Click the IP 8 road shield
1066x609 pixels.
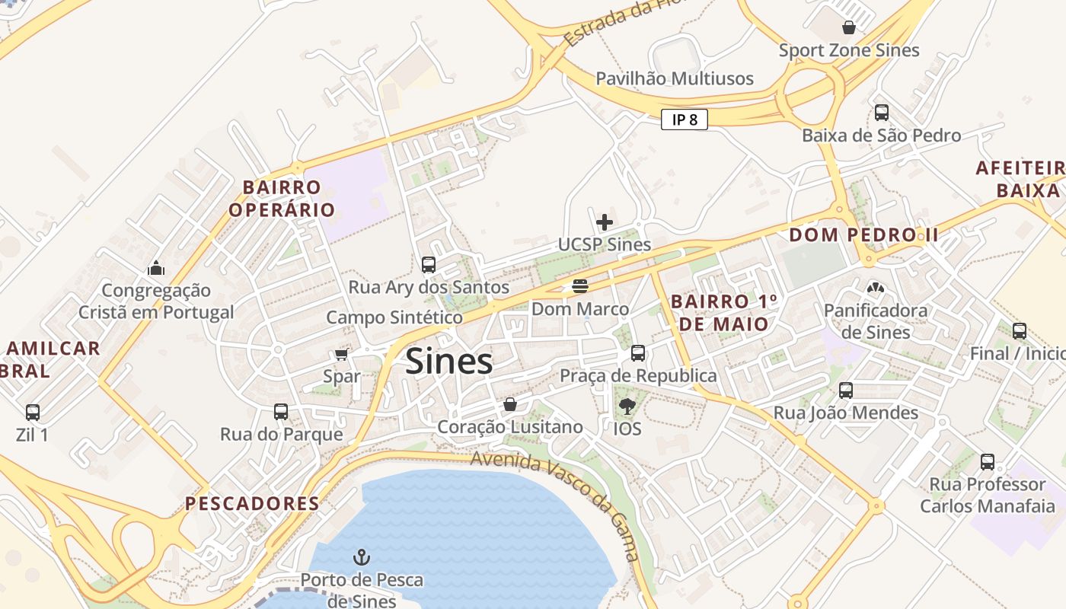click(x=684, y=120)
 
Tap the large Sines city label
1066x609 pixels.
click(x=448, y=361)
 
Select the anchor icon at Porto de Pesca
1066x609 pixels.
click(x=362, y=558)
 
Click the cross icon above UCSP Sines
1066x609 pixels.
click(x=605, y=222)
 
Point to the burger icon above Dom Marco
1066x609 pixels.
click(x=580, y=286)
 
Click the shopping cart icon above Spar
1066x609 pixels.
click(x=341, y=355)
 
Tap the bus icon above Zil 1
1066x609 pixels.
click(x=33, y=413)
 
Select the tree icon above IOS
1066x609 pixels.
click(x=627, y=406)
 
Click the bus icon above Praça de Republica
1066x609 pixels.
click(x=638, y=353)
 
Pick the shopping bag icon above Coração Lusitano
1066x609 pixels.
click(x=510, y=404)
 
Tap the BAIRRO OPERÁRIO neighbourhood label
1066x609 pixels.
click(x=282, y=198)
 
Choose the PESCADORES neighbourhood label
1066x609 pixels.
click(x=252, y=503)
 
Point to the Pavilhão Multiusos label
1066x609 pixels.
click(x=674, y=78)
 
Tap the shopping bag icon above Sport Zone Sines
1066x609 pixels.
click(x=848, y=28)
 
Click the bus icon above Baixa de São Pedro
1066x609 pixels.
click(x=881, y=113)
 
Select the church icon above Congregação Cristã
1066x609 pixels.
click(x=156, y=268)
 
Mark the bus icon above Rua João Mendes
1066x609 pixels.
click(x=846, y=391)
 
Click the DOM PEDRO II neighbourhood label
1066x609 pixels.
click(x=863, y=234)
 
